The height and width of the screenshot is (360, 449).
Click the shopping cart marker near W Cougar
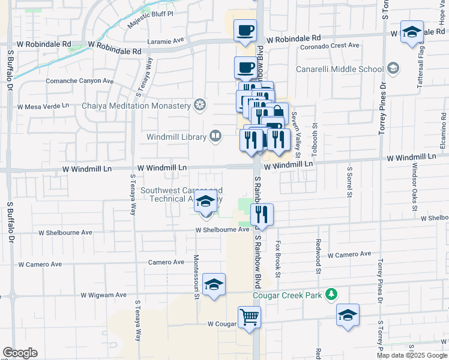[249, 316]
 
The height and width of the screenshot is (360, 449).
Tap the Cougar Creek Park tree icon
[330, 294]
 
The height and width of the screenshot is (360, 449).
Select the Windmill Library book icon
[214, 137]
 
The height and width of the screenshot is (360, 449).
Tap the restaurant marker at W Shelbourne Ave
[262, 214]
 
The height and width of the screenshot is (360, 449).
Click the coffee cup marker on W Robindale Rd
[244, 31]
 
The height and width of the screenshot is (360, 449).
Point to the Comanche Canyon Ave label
[80, 80]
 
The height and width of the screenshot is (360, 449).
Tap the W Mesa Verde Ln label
[44, 107]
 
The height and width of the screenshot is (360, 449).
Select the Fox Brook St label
[278, 260]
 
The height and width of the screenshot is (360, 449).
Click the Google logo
[20, 353]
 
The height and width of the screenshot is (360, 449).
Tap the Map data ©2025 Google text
[411, 355]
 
